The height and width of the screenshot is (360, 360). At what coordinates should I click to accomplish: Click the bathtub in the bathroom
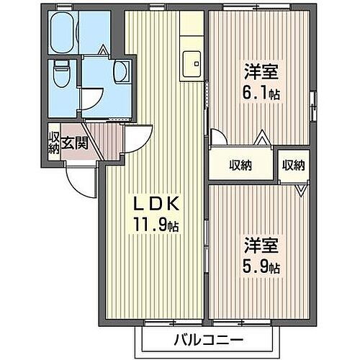click(67, 30)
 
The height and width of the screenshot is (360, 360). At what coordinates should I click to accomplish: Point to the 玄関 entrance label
click(74, 142)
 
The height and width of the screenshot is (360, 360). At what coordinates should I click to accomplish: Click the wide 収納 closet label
click(240, 165)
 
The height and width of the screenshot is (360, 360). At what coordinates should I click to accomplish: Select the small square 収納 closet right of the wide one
click(292, 165)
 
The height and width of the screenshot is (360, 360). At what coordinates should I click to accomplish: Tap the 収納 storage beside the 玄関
click(53, 141)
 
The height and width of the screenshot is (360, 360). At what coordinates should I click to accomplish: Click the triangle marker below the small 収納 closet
click(300, 189)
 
